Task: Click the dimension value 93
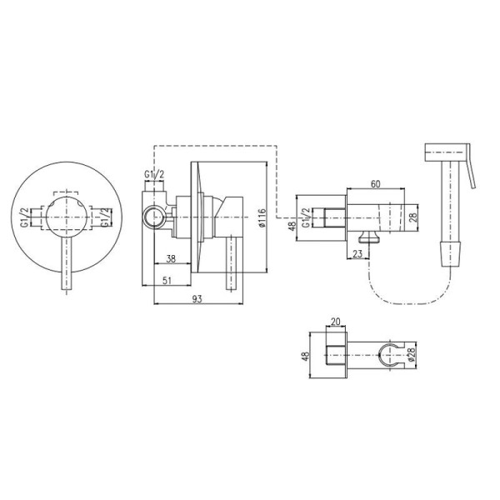point(197,299)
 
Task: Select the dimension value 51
point(167,280)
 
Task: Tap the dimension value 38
point(171,258)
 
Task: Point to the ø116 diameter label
point(262,217)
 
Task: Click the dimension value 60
point(376,184)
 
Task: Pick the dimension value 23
point(357,254)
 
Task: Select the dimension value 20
point(336,321)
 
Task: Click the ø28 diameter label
point(411,355)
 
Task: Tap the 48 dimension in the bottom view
point(306,356)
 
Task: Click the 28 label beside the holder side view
point(412,217)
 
